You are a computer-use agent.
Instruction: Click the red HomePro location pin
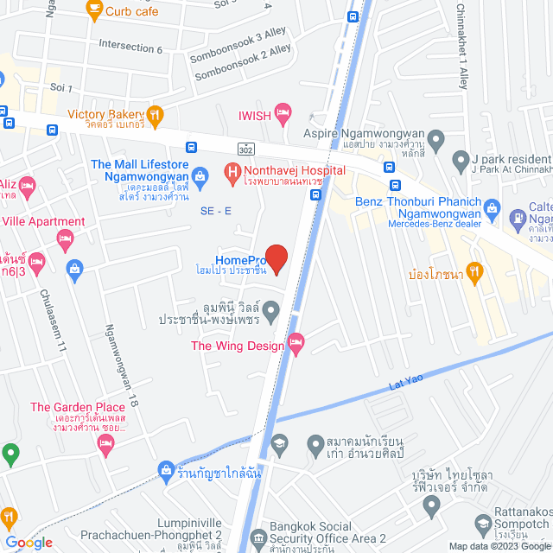pyautogui.click(x=276, y=257)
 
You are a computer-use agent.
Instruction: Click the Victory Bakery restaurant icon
pyautogui.click(x=155, y=114)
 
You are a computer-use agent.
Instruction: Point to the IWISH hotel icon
pyautogui.click(x=283, y=112)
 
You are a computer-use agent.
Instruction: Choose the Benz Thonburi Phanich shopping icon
pyautogui.click(x=493, y=207)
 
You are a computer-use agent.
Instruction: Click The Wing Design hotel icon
pyautogui.click(x=296, y=345)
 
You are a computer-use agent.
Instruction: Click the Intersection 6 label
pyautogui.click(x=130, y=47)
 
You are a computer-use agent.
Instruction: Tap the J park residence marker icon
pyautogui.click(x=460, y=160)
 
